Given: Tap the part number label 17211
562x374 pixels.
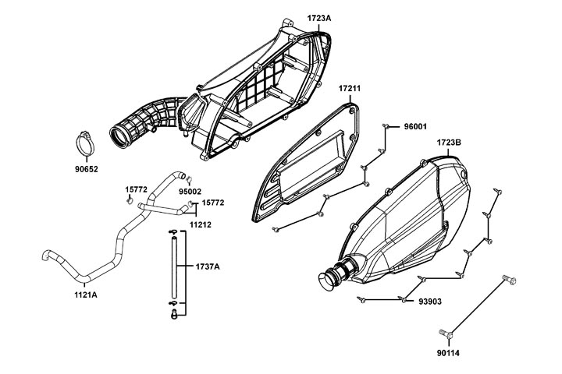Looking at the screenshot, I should click(x=350, y=90).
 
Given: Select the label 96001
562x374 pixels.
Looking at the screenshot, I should click(x=414, y=126).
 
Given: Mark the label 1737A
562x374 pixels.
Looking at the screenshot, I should click(x=206, y=266).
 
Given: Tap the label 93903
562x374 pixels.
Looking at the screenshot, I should click(x=431, y=300).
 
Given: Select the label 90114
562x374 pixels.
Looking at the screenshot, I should click(x=450, y=353).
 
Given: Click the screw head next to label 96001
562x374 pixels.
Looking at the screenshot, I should click(x=387, y=125).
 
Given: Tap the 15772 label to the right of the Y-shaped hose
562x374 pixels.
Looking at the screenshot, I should click(x=212, y=202).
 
